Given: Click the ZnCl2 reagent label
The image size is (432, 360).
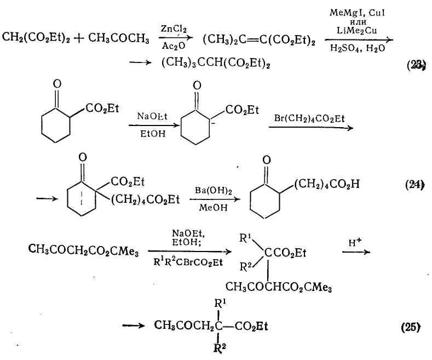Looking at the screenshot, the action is coord(174,29).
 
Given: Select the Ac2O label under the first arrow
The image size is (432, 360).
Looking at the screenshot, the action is coord(174,46).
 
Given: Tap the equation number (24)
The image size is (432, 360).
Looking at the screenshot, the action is coord(414,185).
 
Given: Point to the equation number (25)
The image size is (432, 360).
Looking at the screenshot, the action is coord(411,327).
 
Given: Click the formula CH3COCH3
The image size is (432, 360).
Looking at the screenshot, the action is coord(118,38).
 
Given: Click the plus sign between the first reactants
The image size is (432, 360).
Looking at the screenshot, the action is coord(79,38).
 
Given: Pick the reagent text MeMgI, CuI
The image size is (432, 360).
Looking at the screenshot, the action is coord(357,13).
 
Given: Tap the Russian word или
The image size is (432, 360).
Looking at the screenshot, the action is coord(358,22).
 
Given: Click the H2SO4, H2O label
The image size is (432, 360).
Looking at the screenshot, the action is coord(358,49).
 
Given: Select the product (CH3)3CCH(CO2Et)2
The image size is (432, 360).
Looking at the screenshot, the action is coord(215,63).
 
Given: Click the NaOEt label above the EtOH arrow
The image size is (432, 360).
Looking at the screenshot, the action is coord(152,116).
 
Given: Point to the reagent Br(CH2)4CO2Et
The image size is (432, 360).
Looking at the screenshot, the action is coord(309,119).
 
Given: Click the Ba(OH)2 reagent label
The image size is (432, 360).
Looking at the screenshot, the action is coord(213,191).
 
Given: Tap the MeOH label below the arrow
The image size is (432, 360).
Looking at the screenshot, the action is coord(213,207).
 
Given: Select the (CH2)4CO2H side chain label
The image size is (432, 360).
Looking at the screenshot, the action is coord(327,184).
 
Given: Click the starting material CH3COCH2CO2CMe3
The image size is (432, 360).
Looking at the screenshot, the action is coord(83,250).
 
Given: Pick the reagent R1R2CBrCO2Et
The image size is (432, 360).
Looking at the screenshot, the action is coord(188,262).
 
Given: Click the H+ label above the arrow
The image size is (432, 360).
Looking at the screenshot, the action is coord(355,242).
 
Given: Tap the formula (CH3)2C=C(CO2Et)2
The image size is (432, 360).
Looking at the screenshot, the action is coord(259,40).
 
